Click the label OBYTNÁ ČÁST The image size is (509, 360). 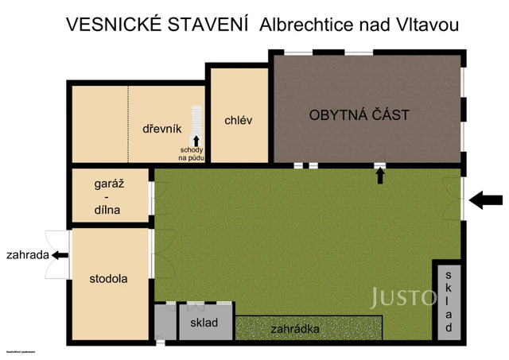click(x=359, y=115)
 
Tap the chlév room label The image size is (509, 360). click(x=238, y=121)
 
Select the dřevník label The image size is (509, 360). click(x=162, y=129)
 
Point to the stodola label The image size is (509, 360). click(x=109, y=279)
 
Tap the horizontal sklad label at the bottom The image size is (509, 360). click(x=204, y=323)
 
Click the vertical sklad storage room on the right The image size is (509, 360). click(x=449, y=300)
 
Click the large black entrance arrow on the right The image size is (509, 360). click(x=486, y=200)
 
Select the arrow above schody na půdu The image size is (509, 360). click(x=196, y=141)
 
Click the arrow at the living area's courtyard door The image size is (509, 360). click(x=380, y=176)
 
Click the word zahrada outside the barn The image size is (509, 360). click(x=26, y=255)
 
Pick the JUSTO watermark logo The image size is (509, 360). click(x=402, y=297)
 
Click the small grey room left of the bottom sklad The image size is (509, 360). click(x=165, y=323)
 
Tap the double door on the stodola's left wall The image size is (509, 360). click(x=56, y=255)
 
